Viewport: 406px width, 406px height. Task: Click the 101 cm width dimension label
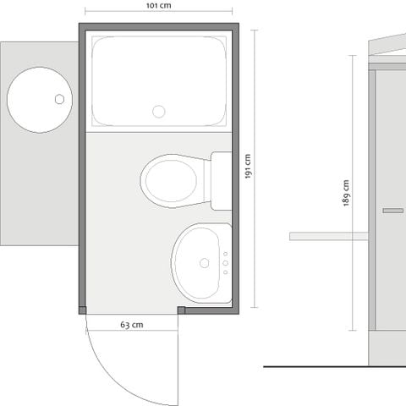tap(158, 5)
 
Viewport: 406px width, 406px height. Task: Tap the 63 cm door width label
tap(131, 324)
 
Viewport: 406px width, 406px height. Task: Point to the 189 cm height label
tap(347, 194)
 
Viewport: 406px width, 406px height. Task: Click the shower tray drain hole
tap(158, 111)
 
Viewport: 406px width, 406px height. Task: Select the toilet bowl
tap(171, 180)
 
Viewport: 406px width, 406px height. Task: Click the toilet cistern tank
tap(221, 180)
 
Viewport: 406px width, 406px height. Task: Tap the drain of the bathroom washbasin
tap(205, 263)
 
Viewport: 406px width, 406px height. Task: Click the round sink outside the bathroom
tap(40, 100)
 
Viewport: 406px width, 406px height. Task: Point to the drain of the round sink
tap(60, 99)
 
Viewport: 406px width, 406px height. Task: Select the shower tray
tap(158, 82)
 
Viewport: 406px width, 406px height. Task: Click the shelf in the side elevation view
tap(328, 236)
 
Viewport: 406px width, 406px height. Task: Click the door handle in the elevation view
tap(392, 210)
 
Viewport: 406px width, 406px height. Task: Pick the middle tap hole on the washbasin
tap(225, 263)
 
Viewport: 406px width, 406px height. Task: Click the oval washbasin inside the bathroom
tap(200, 262)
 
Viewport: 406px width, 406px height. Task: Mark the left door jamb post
tap(82, 310)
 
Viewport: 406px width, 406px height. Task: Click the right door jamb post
tap(181, 310)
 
